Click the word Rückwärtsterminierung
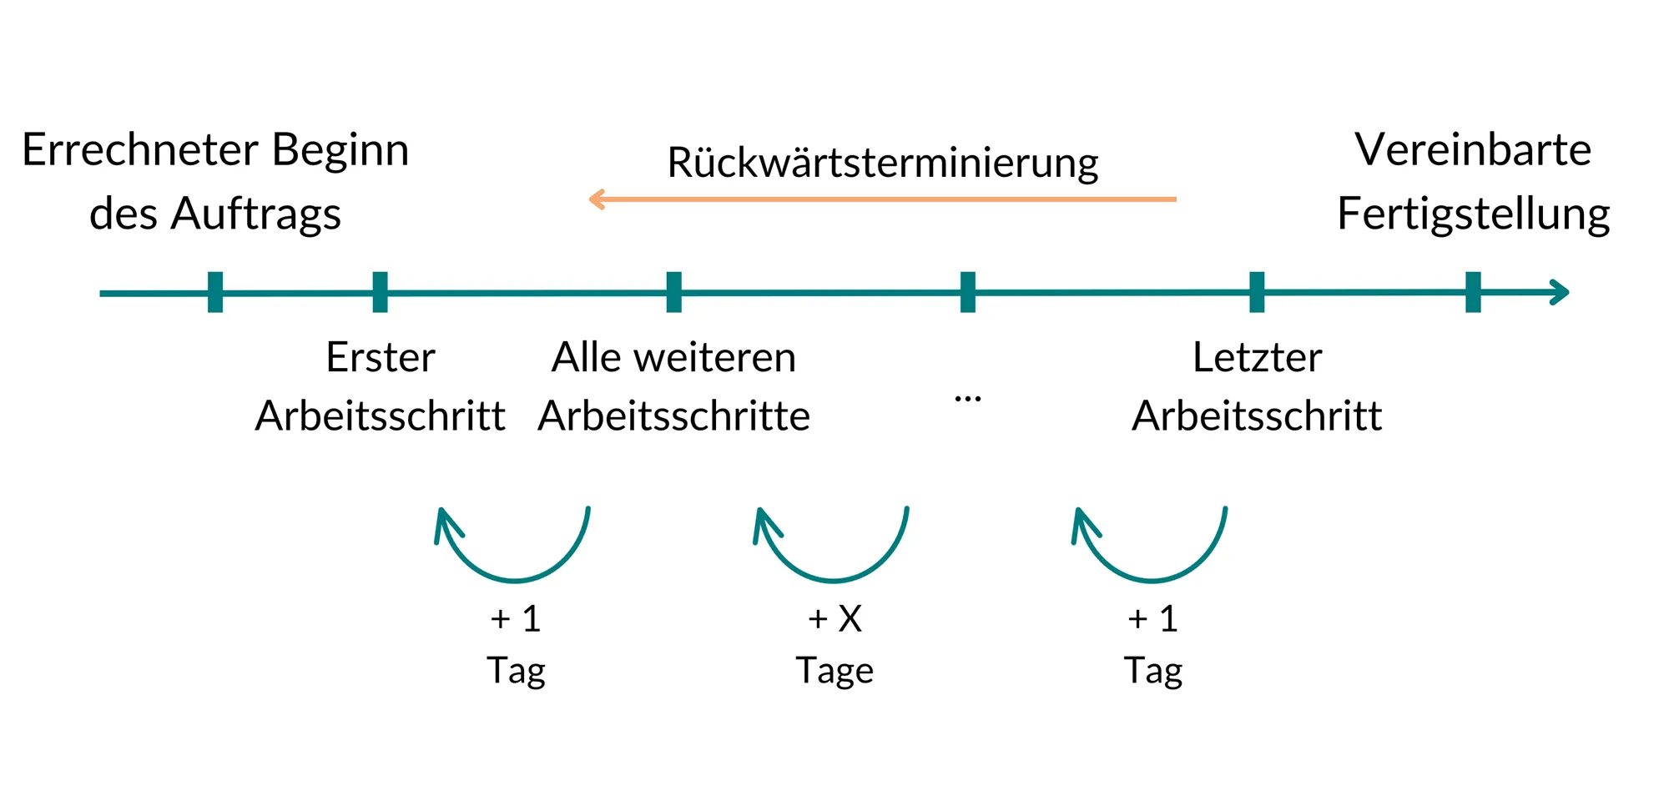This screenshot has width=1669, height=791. click(882, 163)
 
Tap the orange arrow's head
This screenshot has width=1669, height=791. click(596, 199)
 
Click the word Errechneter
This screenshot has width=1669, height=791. click(139, 150)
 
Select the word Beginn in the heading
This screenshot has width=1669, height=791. click(340, 152)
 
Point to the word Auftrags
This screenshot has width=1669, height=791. click(255, 214)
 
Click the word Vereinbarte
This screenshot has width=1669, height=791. click(1473, 150)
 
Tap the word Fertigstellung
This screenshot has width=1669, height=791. click(1473, 214)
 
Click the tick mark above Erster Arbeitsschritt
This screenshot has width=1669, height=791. click(380, 292)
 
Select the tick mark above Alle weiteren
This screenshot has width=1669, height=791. click(674, 292)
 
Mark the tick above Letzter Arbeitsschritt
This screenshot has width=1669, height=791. click(1257, 292)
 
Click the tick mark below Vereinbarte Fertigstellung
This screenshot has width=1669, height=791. click(1473, 292)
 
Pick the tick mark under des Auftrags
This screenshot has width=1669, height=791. click(215, 292)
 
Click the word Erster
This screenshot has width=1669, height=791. click(380, 358)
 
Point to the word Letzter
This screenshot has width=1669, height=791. click(1257, 358)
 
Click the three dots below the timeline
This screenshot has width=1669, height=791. click(967, 399)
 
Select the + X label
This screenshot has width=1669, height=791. click(834, 619)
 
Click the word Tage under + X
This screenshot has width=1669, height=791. click(834, 671)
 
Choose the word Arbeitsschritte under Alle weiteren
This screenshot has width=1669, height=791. click(674, 416)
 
